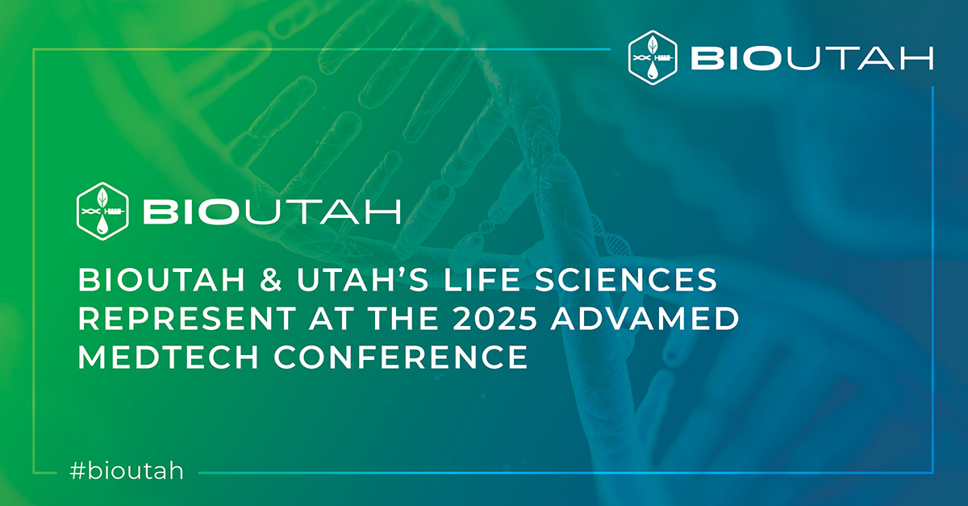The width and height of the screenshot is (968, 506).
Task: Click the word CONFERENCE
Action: [403, 357]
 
